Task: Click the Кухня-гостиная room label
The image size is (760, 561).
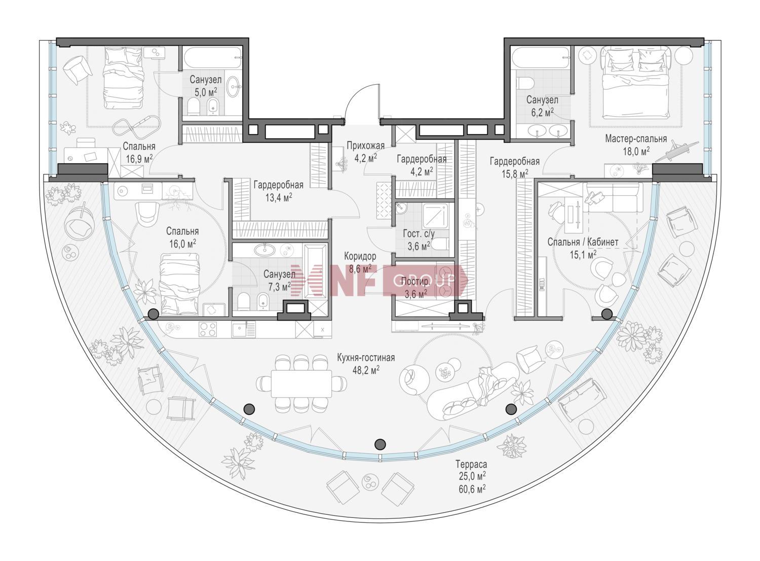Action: pyautogui.click(x=366, y=358)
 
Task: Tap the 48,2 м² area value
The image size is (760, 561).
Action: pyautogui.click(x=366, y=370)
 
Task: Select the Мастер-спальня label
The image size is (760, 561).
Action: pyautogui.click(x=636, y=138)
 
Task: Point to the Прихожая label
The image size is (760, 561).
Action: pyautogui.click(x=365, y=146)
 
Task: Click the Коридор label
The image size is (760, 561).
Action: pyautogui.click(x=360, y=256)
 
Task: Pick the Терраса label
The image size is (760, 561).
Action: pyautogui.click(x=471, y=464)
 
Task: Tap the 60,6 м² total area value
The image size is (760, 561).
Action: pyautogui.click(x=472, y=488)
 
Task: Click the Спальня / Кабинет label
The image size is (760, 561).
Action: pyautogui.click(x=583, y=242)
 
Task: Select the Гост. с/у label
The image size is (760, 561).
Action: pyautogui.click(x=419, y=234)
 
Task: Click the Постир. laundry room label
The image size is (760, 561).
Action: pyautogui.click(x=415, y=282)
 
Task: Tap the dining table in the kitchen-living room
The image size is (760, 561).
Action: pyautogui.click(x=301, y=384)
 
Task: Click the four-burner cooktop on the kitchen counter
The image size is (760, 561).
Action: pyautogui.click(x=208, y=329)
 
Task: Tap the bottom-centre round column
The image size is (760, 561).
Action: pyautogui.click(x=381, y=444)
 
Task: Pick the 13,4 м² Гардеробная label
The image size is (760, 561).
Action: pyautogui.click(x=279, y=191)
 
